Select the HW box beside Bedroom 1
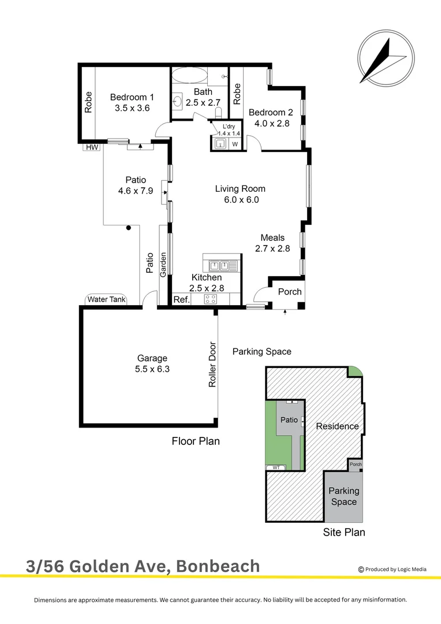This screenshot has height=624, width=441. click(x=92, y=147)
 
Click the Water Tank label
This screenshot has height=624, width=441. click(x=106, y=299)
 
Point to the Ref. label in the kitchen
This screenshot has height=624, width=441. click(x=182, y=299)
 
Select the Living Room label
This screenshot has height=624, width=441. click(x=240, y=188)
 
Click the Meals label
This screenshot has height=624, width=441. click(x=272, y=237)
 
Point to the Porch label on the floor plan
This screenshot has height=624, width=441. click(x=290, y=292)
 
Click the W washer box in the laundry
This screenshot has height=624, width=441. click(x=235, y=144)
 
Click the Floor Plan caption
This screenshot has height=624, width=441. click(x=196, y=441)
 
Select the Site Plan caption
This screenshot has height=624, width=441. click(x=344, y=532)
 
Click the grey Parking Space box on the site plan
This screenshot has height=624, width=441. click(x=344, y=496)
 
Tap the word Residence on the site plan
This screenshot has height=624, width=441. click(x=337, y=426)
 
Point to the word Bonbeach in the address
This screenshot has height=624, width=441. click(x=218, y=566)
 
